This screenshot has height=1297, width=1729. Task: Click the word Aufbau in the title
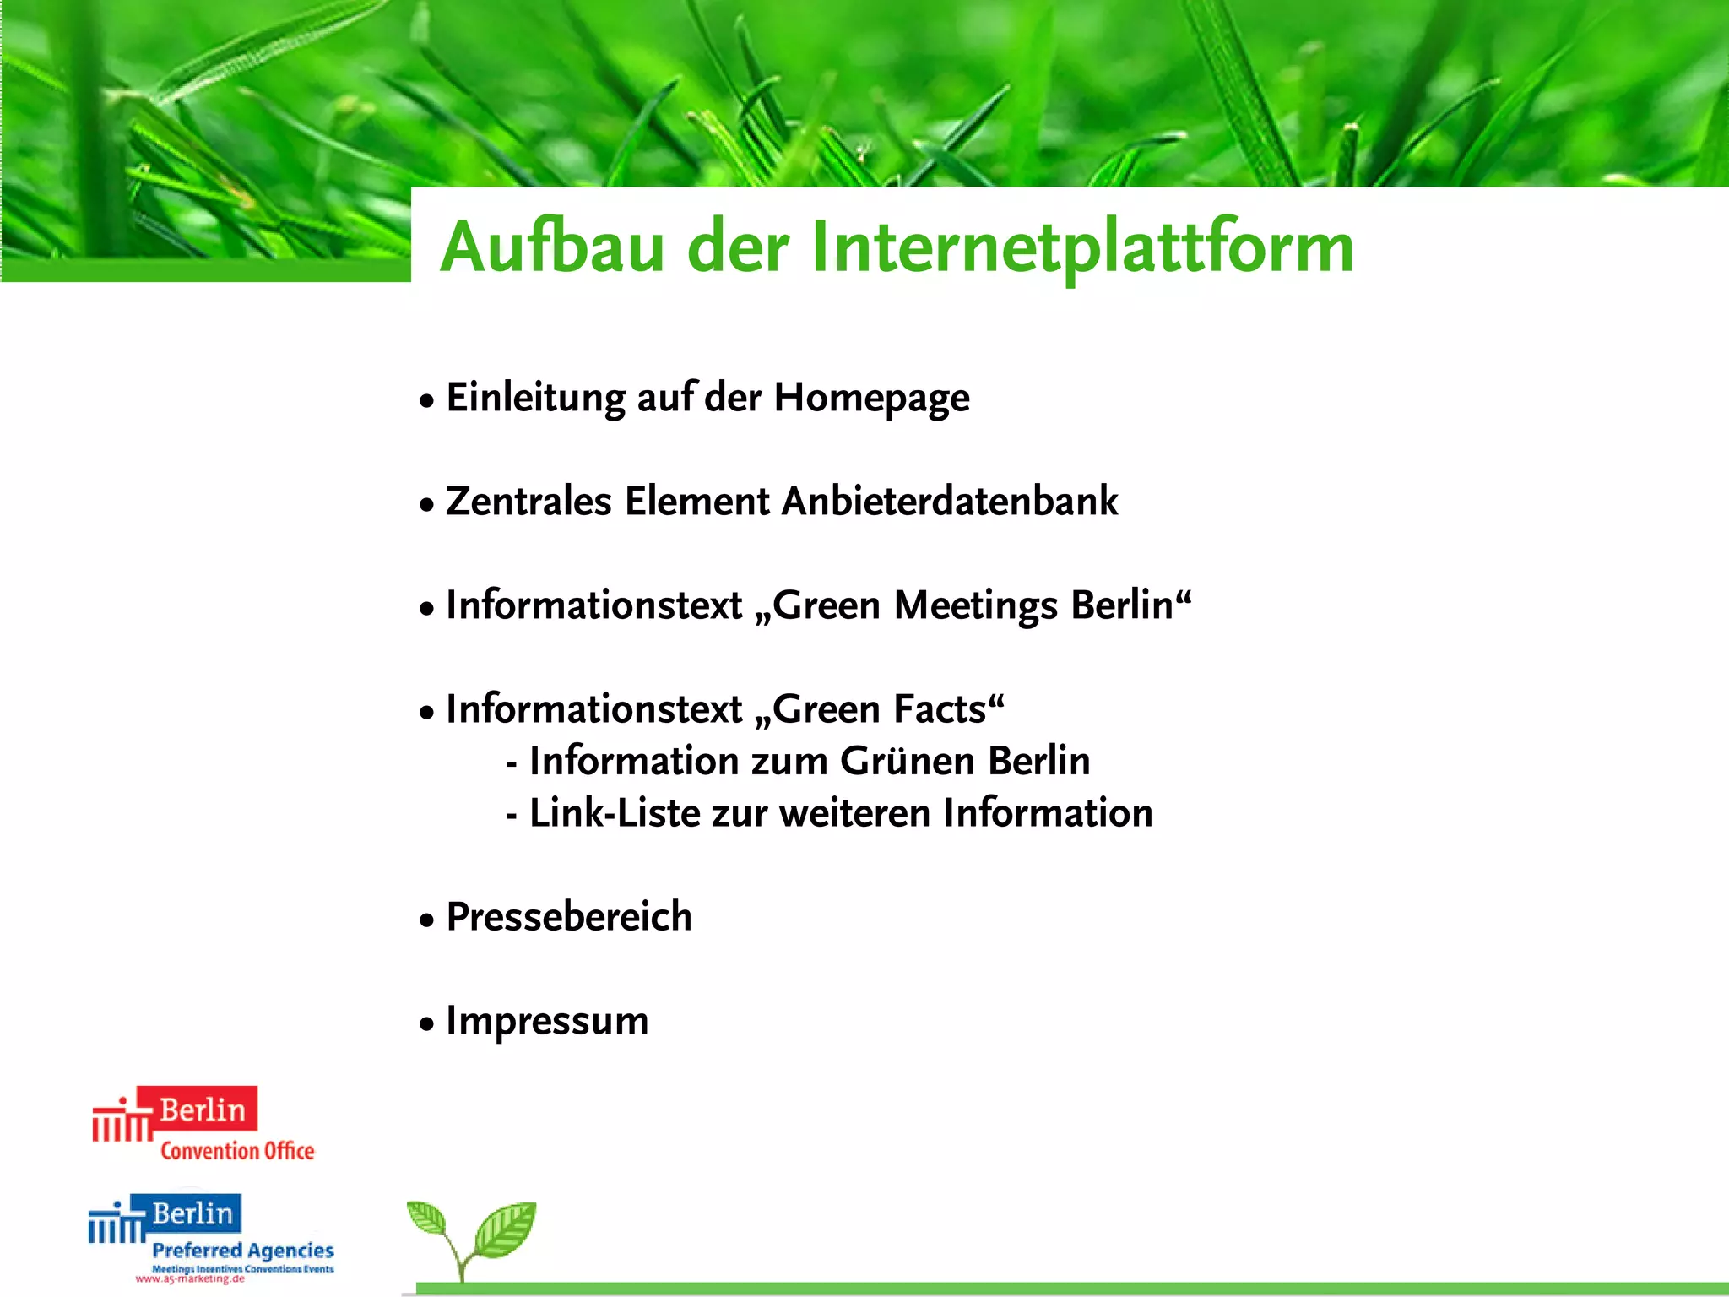pyautogui.click(x=552, y=247)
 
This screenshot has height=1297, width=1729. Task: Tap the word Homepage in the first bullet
pyautogui.click(x=871, y=399)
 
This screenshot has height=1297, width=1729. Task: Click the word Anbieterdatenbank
pyautogui.click(x=950, y=502)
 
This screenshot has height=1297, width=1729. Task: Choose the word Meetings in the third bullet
pyautogui.click(x=975, y=605)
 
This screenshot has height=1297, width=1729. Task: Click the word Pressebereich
pyautogui.click(x=569, y=917)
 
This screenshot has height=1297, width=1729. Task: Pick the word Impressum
pyautogui.click(x=547, y=1021)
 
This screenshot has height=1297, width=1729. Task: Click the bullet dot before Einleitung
pyautogui.click(x=427, y=400)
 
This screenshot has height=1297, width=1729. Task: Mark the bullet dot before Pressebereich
pyautogui.click(x=427, y=920)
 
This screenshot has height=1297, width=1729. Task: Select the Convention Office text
pyautogui.click(x=237, y=1151)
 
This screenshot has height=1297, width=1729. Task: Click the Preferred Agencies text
pyautogui.click(x=243, y=1250)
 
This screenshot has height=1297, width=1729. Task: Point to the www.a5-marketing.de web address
pyautogui.click(x=190, y=1278)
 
